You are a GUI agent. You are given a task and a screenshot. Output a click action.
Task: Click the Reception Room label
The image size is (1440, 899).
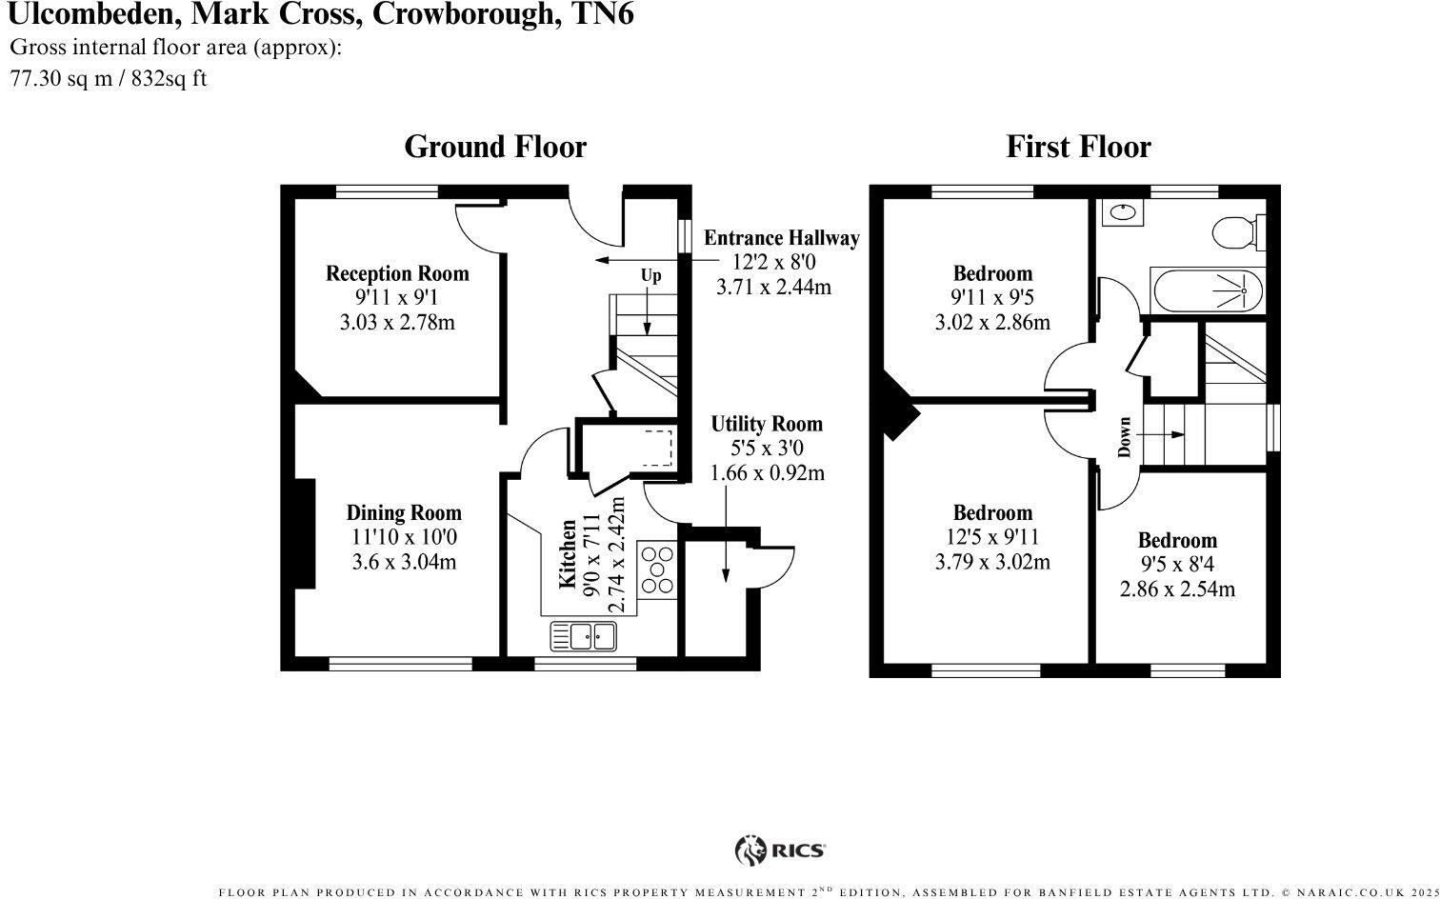(x=397, y=274)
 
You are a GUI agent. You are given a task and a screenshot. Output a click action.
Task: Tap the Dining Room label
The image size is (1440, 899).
(x=404, y=513)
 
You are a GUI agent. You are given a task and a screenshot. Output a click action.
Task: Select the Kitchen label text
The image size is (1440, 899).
(x=568, y=553)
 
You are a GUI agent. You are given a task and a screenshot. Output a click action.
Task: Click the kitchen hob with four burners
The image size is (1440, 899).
(x=657, y=569)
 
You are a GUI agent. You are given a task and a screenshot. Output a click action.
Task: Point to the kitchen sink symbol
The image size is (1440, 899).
(x=583, y=635)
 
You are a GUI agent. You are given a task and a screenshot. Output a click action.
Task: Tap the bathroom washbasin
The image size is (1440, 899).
(x=1123, y=211)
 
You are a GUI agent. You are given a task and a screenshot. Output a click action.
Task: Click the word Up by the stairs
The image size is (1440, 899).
(x=650, y=276)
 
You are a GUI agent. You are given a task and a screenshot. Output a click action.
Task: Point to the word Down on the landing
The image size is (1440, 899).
(x=1125, y=437)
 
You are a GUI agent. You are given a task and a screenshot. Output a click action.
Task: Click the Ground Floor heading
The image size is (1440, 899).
(x=495, y=147)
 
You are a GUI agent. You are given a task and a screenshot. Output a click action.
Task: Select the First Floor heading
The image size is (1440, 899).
(x=1078, y=147)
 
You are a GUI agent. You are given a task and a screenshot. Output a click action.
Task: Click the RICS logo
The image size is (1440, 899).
(x=780, y=849)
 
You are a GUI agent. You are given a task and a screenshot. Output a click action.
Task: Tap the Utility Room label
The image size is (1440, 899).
(x=767, y=425)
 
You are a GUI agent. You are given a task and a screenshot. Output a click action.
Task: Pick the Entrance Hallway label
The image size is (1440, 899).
(x=781, y=238)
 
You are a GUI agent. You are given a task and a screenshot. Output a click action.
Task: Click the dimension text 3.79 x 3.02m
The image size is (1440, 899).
(x=992, y=562)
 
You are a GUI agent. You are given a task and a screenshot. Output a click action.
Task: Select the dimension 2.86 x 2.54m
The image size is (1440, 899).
(x=1177, y=589)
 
